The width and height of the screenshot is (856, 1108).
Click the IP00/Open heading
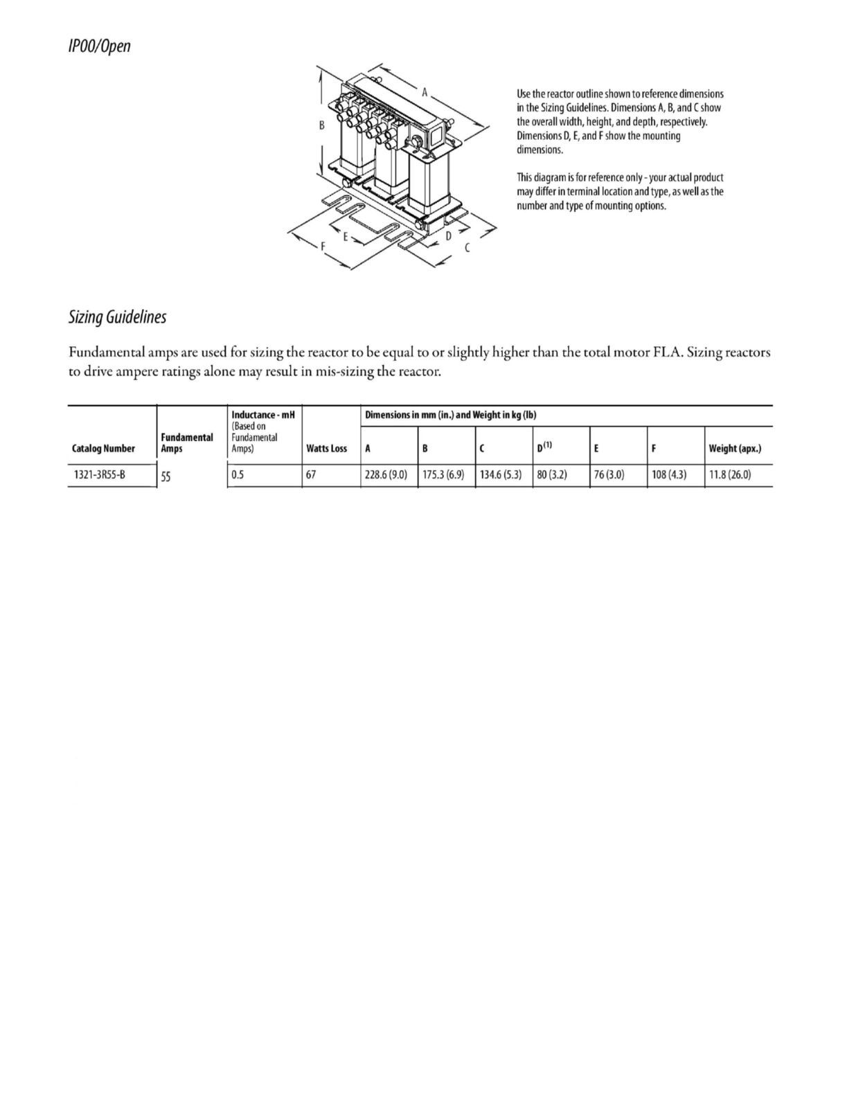click(x=99, y=47)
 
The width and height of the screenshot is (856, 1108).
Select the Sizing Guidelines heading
click(x=117, y=317)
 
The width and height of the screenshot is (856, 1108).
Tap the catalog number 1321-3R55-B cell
click(x=99, y=475)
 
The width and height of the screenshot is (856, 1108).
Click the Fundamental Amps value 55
click(x=166, y=476)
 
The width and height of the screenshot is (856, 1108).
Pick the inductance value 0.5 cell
click(x=238, y=476)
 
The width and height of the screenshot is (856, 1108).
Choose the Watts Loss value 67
click(x=312, y=476)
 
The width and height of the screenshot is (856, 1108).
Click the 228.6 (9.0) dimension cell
click(x=386, y=476)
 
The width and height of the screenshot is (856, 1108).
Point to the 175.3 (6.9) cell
click(x=443, y=476)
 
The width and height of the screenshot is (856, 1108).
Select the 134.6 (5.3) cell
click(x=501, y=476)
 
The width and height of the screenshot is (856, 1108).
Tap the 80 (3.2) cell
click(x=552, y=476)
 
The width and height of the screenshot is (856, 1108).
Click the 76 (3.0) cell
click(x=609, y=476)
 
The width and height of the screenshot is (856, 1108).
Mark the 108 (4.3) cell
click(x=669, y=476)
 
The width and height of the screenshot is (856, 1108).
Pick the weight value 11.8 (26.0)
click(x=730, y=476)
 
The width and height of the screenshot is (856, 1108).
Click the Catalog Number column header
click(x=103, y=449)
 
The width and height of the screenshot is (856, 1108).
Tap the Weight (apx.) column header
click(x=735, y=449)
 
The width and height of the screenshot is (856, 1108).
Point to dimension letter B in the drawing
click(x=322, y=126)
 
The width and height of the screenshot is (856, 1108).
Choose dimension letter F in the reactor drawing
click(x=323, y=247)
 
